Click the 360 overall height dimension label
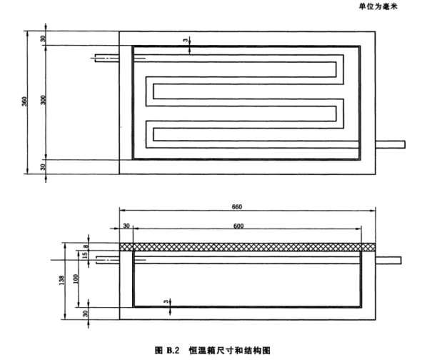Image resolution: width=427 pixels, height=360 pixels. pos(24,101)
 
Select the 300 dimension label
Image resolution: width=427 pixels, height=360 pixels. pos(44,100)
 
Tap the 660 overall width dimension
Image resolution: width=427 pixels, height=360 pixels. pos(237,207)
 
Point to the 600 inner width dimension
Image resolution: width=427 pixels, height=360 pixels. pos(238,226)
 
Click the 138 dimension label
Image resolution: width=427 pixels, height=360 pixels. pos(62,280)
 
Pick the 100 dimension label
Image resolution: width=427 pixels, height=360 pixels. pos(76,279)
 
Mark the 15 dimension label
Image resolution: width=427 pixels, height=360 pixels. pos(85,255)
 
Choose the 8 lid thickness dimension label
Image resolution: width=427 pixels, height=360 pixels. pos(86,246)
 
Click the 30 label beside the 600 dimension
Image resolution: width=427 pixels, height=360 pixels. pos(126,226)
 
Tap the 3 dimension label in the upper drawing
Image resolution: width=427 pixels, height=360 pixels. pos(186,40)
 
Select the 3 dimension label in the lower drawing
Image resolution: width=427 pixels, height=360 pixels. pos(166,301)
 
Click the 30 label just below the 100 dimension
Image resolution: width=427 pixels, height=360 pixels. pos(86,314)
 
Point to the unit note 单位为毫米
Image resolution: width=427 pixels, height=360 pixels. pos(378,6)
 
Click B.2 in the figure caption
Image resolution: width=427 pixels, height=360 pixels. pos(173,350)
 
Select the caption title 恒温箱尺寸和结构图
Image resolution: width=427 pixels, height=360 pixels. pos(230,350)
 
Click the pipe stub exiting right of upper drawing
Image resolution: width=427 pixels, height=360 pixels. pos(391,144)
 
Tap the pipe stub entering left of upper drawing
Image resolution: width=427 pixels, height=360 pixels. pos(107,59)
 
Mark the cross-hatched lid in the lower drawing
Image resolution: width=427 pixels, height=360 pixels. pos(248,247)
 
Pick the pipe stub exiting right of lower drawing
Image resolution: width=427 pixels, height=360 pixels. pos(388,260)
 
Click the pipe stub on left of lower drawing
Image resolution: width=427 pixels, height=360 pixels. pos(108,260)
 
